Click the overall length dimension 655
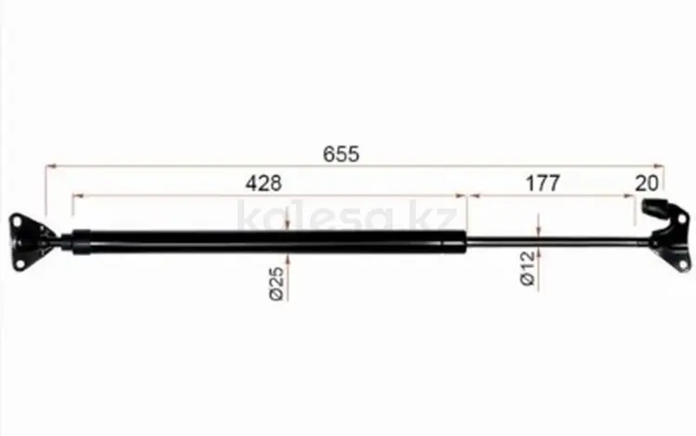[x=341, y=154]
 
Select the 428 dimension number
[x=264, y=183]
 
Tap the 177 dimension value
[x=543, y=183]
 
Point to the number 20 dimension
[x=646, y=183]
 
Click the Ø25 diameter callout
[x=277, y=284]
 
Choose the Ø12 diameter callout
[x=527, y=268]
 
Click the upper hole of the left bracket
[x=18, y=221]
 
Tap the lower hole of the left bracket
[x=19, y=263]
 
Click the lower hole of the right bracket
[x=683, y=265]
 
